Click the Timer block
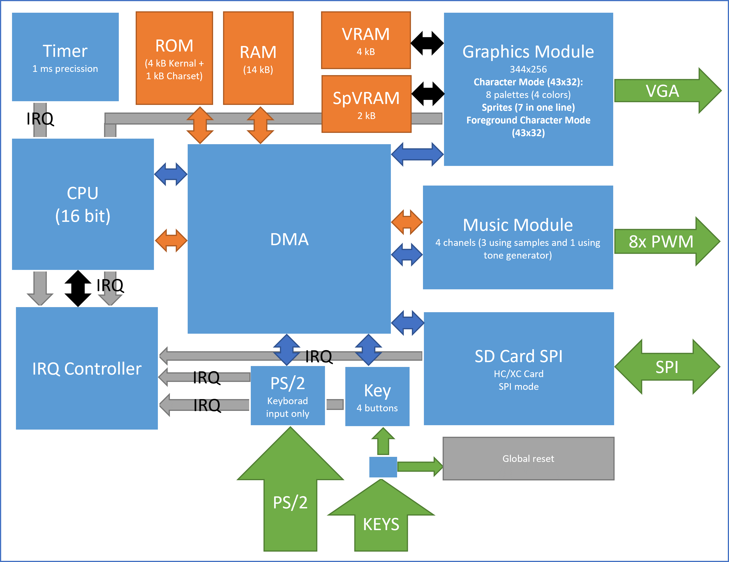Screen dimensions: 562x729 coord(65,57)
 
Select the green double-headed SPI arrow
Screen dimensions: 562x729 coord(667,367)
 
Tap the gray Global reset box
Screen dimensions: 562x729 coord(528,458)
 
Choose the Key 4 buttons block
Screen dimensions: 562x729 coord(377,397)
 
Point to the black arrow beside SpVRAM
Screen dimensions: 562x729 coord(428,94)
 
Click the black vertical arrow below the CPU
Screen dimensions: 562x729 coord(78,288)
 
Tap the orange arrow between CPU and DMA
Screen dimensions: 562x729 coord(171,240)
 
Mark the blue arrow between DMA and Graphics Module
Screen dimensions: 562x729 coord(417,154)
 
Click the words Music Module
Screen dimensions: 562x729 coord(518,225)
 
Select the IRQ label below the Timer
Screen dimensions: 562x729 coord(40,119)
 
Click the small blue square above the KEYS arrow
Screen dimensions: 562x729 coord(383,467)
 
